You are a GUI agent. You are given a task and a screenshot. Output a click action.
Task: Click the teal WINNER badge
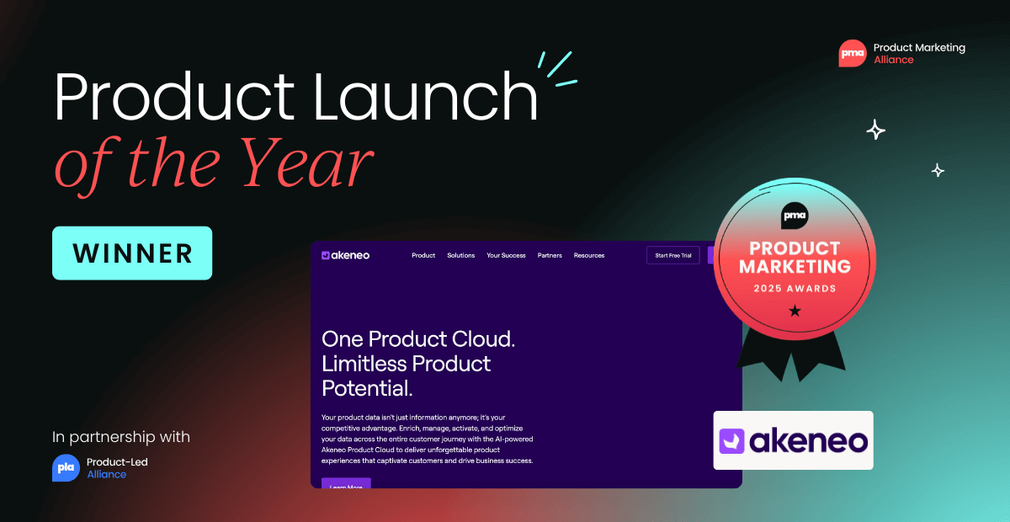tap(132, 253)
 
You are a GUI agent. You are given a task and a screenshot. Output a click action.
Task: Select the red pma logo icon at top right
tap(852, 54)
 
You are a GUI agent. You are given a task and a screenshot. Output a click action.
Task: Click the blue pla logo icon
tap(66, 468)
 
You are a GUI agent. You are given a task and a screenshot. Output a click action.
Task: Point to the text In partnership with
tap(121, 437)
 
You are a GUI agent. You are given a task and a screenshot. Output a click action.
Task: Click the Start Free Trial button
tap(672, 255)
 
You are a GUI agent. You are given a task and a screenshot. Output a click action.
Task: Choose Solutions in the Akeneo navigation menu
tap(460, 255)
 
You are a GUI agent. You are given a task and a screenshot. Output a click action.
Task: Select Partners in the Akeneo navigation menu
tap(550, 255)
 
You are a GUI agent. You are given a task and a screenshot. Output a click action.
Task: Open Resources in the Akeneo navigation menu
tap(589, 255)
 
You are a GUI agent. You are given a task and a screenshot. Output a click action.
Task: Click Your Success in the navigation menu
tap(506, 255)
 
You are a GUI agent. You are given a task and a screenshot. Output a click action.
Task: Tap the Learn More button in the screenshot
tap(346, 484)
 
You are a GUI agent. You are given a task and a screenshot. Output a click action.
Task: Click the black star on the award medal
tap(795, 312)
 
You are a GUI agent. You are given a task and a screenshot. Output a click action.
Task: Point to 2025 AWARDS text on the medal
tap(795, 289)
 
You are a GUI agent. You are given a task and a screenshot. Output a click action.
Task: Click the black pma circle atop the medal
tap(795, 214)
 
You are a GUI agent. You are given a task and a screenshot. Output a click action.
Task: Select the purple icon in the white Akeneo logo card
tap(732, 441)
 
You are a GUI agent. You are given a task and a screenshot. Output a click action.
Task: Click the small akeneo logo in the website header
tap(345, 255)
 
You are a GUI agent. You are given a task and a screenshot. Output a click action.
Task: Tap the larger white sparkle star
tap(875, 130)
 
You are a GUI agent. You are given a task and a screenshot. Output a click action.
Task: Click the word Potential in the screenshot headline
tap(367, 388)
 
